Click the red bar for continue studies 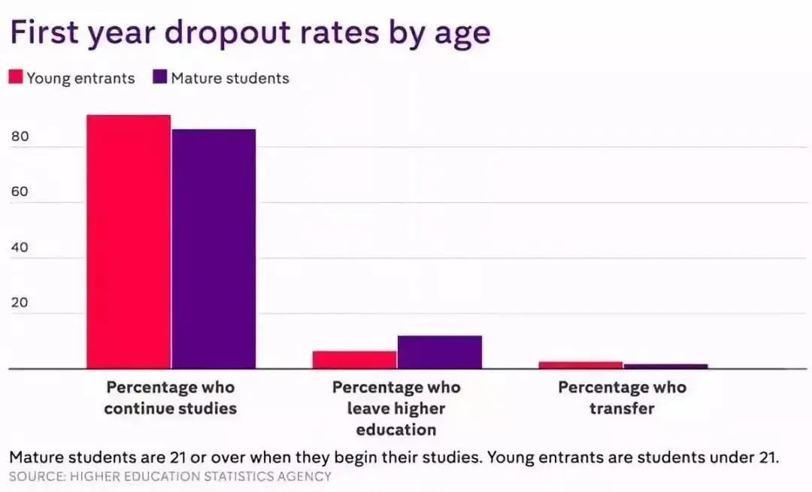pos(129,242)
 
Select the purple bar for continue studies pos(214,249)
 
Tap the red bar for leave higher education pos(354,360)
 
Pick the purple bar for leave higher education pos(440,352)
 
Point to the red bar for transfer pos(580,365)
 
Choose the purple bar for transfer pos(665,367)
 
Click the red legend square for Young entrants pos(16,77)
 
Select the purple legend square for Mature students pos(159,77)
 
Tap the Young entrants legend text pos(80,78)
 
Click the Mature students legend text pos(230,78)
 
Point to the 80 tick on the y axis pos(20,137)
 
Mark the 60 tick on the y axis pos(20,192)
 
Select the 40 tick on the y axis pos(20,248)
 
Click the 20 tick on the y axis pos(20,303)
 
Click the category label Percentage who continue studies pos(171,398)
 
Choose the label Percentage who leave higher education pos(396,409)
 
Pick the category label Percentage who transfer pos(622,398)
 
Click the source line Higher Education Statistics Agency pos(170,476)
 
